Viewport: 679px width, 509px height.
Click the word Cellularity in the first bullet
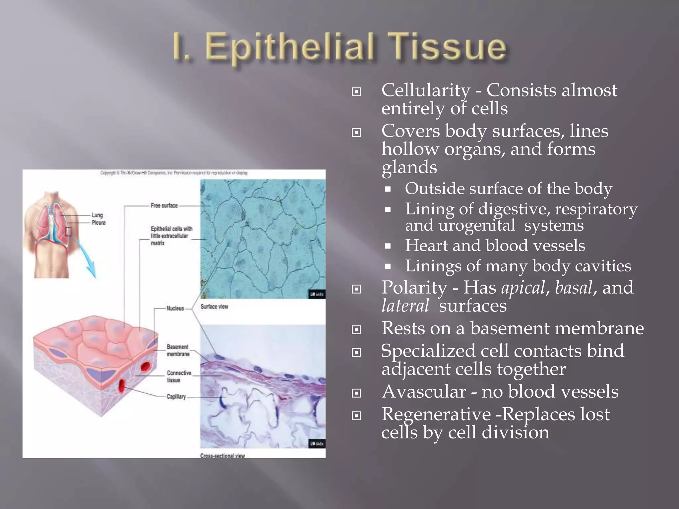click(x=426, y=90)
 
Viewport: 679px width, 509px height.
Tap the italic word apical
click(x=523, y=287)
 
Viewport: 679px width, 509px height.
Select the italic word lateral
click(x=405, y=306)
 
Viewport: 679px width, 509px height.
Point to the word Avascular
click(x=423, y=392)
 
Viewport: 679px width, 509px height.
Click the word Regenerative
click(x=436, y=414)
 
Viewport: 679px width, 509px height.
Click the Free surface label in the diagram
click(x=164, y=206)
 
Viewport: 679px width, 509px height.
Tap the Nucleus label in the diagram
click(x=175, y=309)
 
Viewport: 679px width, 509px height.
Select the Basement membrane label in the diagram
click(x=178, y=351)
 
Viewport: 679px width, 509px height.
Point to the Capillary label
click(x=176, y=397)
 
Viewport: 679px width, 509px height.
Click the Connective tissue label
click(x=179, y=376)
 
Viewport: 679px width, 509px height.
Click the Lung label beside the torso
click(x=97, y=215)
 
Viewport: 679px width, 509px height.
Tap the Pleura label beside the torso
click(x=98, y=223)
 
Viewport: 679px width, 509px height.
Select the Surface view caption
click(x=214, y=307)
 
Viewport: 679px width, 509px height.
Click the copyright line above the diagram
click(x=174, y=173)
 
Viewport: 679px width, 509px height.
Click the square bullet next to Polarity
click(x=356, y=289)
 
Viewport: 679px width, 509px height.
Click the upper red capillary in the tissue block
click(x=146, y=366)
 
